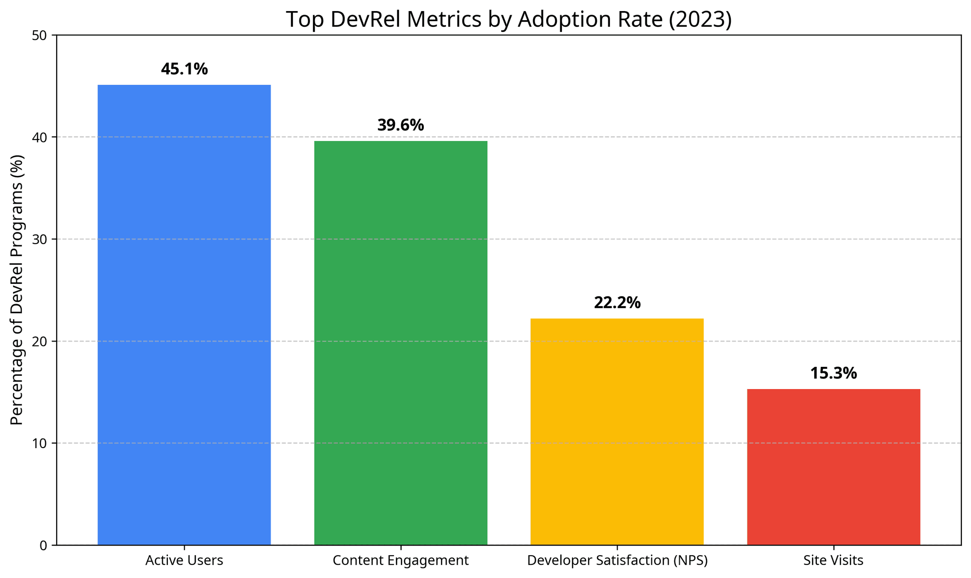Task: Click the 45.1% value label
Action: tap(184, 69)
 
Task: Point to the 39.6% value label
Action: tap(401, 125)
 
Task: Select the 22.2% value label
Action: tap(616, 303)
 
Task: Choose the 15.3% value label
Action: tap(833, 373)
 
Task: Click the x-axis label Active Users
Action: tap(184, 560)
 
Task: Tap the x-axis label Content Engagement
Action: tap(401, 560)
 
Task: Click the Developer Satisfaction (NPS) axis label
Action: tap(617, 560)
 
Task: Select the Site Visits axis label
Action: tap(833, 560)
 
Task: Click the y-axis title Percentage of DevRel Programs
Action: tap(17, 290)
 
